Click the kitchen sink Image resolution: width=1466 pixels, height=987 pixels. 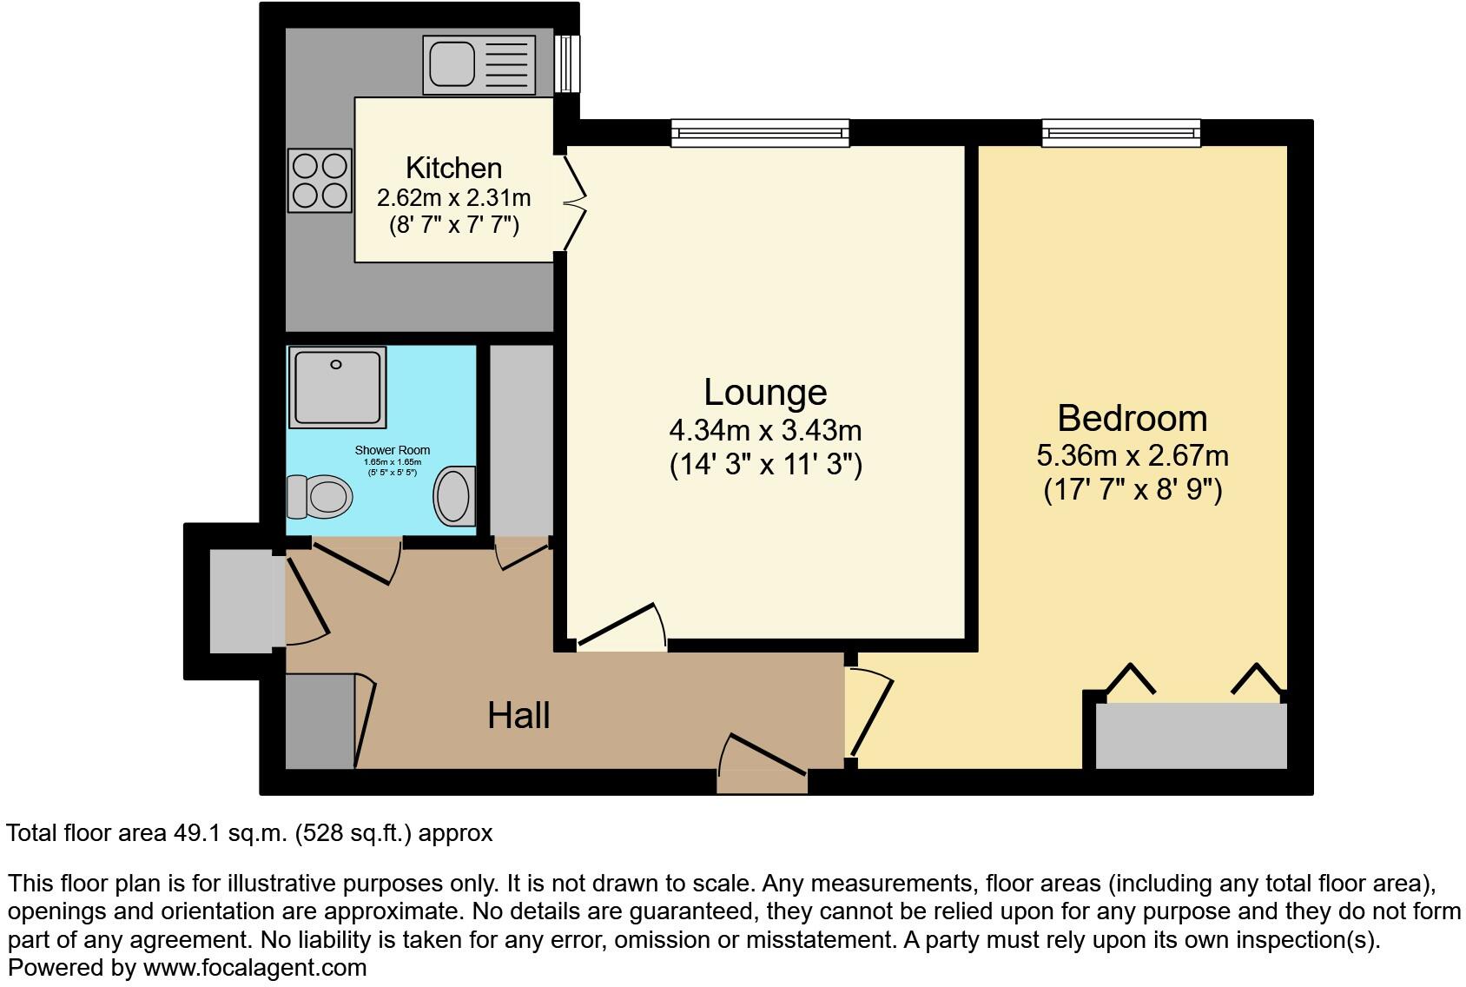click(469, 64)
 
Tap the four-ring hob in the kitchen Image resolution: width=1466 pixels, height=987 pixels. click(320, 181)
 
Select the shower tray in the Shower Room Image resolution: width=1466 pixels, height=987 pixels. click(338, 388)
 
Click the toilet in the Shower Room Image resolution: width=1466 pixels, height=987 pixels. click(320, 497)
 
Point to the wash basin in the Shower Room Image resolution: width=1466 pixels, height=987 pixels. click(454, 497)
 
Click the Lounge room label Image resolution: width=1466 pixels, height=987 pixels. click(764, 392)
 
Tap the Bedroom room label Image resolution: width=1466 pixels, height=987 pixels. click(1132, 418)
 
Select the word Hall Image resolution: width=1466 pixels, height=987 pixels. click(518, 715)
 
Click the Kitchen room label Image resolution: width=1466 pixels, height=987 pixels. click(453, 168)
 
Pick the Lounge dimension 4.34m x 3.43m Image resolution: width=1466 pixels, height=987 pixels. click(764, 430)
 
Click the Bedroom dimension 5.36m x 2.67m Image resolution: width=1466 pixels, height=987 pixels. click(1132, 455)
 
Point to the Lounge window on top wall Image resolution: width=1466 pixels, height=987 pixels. click(760, 133)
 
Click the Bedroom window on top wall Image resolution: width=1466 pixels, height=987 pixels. click(1121, 133)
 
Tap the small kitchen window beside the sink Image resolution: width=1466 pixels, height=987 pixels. click(568, 63)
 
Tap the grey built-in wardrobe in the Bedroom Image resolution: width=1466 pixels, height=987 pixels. click(1190, 735)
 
